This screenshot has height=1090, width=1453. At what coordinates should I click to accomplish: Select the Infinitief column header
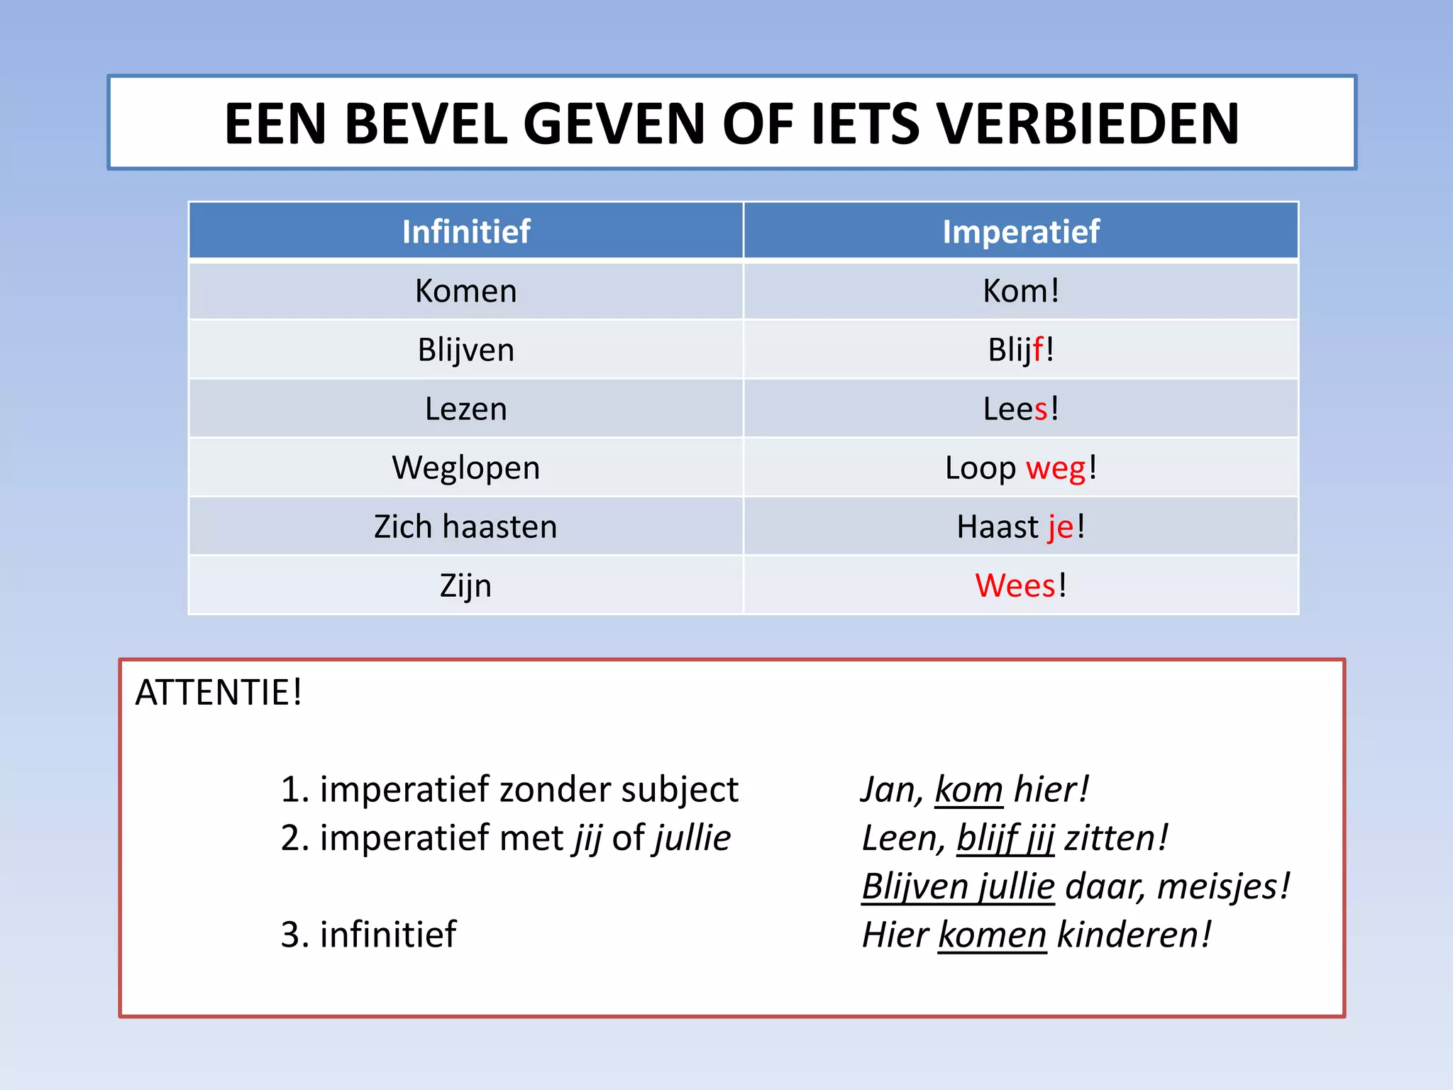(466, 231)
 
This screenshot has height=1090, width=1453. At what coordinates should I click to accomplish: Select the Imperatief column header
(1021, 231)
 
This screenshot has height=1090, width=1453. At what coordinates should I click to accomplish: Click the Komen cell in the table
(466, 291)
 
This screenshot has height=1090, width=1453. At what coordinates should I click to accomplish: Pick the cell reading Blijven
(466, 350)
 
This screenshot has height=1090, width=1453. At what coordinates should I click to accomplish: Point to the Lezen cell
(466, 409)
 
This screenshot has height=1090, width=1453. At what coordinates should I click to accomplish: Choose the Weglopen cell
(466, 468)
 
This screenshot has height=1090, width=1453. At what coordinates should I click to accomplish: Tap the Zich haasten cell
(466, 527)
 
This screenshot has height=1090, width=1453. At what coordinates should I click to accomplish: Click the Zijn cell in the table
(466, 585)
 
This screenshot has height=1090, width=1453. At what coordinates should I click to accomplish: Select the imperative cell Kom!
(1021, 291)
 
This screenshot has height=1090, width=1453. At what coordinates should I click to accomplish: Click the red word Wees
(1015, 585)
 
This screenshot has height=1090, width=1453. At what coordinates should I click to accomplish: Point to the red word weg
(1056, 468)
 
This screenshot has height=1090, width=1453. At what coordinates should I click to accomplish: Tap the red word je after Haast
(1061, 527)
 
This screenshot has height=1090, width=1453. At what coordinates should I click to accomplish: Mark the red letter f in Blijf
(1039, 349)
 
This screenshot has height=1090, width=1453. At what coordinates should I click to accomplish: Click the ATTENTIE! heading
(219, 693)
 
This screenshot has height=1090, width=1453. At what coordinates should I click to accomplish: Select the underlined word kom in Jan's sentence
(968, 790)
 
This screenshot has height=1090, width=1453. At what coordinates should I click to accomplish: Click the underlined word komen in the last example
(992, 935)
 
